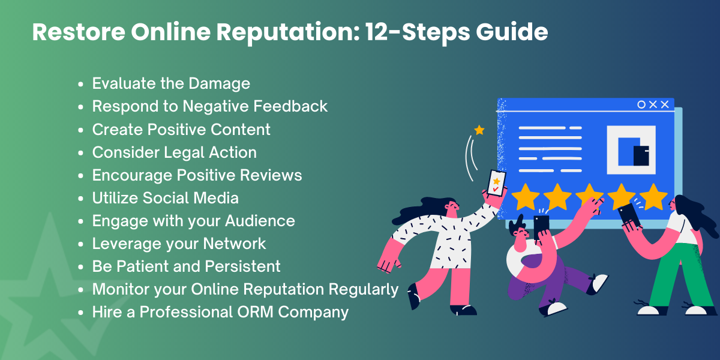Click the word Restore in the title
pos(79,32)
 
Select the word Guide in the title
pos(512,32)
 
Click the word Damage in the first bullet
pos(219,83)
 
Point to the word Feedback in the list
pos(290,106)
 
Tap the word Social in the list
pos(166,198)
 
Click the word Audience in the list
pos(260,221)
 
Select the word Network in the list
pos(235,244)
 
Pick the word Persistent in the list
pos(242,266)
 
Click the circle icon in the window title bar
pos(641,104)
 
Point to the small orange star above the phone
pos(479,130)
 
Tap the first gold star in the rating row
pos(525,197)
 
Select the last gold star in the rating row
pos(653,197)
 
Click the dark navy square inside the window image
pos(641,156)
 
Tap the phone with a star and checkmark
pos(496,183)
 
